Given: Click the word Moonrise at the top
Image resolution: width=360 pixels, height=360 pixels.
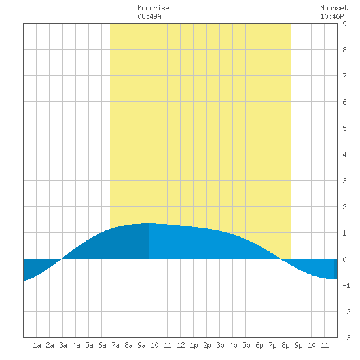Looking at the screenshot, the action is [153, 8].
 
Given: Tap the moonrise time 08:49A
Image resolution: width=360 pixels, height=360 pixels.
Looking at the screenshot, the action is [149, 16].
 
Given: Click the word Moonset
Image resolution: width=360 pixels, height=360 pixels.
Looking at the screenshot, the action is [334, 8].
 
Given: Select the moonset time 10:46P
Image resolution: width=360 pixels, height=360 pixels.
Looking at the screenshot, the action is [332, 16].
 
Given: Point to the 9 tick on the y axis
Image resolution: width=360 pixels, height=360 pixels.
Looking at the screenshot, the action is [344, 24].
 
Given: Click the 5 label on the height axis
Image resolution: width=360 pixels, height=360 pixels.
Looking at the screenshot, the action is [344, 128].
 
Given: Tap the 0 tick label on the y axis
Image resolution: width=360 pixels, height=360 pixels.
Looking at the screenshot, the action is [344, 259].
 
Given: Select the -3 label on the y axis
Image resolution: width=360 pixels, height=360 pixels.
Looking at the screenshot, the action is [346, 338].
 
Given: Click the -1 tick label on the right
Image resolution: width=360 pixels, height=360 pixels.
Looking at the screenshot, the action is [346, 285].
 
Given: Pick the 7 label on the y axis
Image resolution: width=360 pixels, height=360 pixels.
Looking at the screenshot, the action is [344, 76].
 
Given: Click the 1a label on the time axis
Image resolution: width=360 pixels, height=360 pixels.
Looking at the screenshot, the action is [37, 345].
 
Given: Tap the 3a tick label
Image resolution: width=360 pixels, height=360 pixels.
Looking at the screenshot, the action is [63, 345].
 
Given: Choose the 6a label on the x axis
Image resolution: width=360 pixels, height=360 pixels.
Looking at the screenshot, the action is [102, 345].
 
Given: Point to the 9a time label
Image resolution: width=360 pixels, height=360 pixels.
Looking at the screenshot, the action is [141, 345].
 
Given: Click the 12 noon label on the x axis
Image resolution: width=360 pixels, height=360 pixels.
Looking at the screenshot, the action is [181, 345].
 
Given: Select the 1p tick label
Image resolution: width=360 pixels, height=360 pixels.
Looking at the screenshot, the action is [194, 345].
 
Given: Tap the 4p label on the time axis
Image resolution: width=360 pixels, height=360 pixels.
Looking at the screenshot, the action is [233, 345].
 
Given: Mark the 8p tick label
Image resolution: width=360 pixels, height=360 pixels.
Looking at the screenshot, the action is [285, 345].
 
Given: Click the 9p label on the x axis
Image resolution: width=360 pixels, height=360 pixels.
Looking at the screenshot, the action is [298, 345].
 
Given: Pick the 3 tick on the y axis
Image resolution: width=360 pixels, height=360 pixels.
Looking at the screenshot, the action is [344, 181].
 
